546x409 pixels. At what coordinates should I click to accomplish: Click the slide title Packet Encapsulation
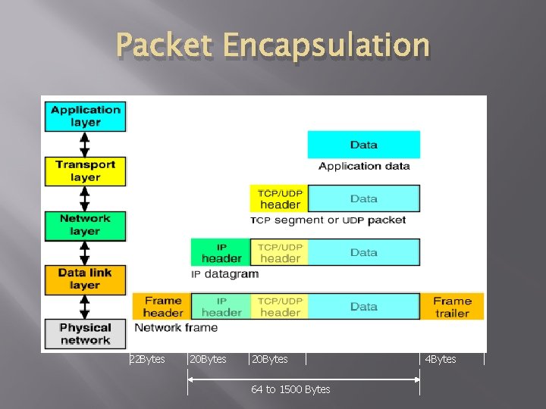tap(273, 46)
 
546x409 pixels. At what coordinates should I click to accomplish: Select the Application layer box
tap(85, 116)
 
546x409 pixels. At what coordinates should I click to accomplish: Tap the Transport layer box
tap(85, 170)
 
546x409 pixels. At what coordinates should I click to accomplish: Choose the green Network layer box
tap(85, 224)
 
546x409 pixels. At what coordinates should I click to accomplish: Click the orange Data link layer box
tap(85, 279)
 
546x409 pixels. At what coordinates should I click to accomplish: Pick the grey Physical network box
tap(85, 333)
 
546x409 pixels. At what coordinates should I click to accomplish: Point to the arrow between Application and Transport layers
tap(85, 143)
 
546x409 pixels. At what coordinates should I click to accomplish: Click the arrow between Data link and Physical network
tap(85, 306)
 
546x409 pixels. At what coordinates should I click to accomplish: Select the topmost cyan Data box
tap(363, 145)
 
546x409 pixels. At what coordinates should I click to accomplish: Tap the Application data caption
tap(364, 166)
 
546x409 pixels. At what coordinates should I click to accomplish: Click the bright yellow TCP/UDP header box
tap(280, 198)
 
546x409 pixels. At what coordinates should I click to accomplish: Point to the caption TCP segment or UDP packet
tap(328, 220)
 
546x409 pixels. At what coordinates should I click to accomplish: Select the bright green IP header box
tap(221, 252)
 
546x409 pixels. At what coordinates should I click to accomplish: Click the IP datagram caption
tap(224, 274)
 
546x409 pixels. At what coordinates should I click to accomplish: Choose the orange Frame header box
tap(162, 307)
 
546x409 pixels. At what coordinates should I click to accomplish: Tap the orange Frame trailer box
tap(452, 307)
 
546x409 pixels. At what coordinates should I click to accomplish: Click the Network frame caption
tap(176, 328)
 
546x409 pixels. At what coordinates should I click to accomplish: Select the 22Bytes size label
tap(147, 359)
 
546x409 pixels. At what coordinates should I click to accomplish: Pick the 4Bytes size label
tap(441, 359)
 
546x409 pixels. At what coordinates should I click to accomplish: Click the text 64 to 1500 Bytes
tap(290, 389)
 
